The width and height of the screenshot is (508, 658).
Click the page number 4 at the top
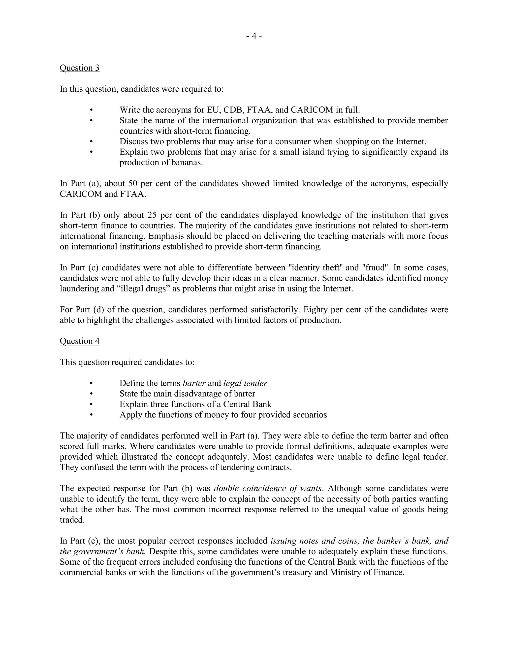(254, 36)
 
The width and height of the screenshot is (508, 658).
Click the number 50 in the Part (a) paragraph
(133, 183)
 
